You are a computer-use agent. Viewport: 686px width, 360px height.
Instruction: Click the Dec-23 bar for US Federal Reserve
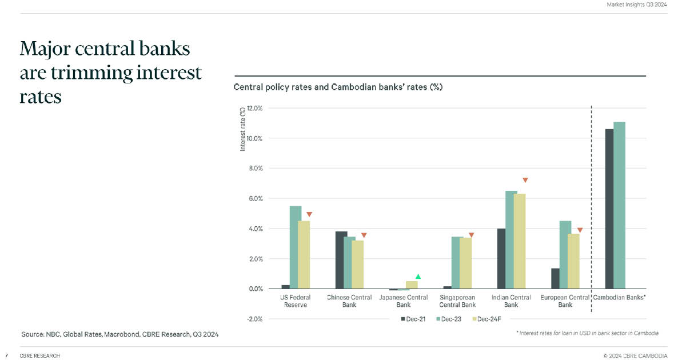click(296, 247)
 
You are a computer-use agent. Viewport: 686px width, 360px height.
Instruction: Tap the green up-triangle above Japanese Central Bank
click(418, 277)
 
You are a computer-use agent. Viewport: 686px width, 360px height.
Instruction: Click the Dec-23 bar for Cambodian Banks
click(619, 205)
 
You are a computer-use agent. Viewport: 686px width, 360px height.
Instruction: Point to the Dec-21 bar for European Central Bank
click(555, 278)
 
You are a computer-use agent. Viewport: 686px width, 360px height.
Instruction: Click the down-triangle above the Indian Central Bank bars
click(525, 180)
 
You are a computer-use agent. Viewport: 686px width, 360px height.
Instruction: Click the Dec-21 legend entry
click(413, 318)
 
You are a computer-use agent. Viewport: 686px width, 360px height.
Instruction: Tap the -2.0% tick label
click(254, 319)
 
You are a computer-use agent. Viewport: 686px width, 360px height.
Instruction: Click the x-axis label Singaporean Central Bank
click(457, 301)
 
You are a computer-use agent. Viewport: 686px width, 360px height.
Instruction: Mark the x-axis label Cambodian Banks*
click(620, 298)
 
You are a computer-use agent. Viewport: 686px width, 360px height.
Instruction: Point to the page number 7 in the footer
click(6, 355)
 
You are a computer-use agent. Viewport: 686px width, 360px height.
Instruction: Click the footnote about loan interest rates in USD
click(587, 333)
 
